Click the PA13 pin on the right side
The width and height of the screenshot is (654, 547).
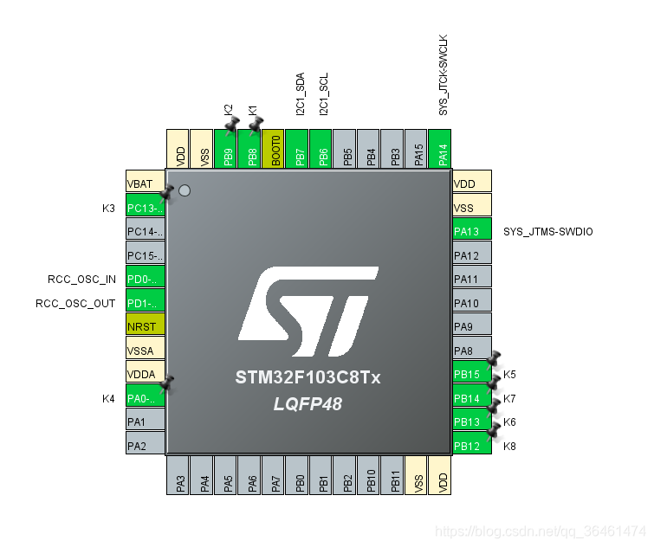tap(472, 231)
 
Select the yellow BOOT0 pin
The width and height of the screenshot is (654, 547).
tap(274, 149)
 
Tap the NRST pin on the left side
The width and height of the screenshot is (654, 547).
tap(145, 328)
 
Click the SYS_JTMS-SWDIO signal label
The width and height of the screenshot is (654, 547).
tap(548, 232)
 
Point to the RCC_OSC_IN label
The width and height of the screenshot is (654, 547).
tap(81, 280)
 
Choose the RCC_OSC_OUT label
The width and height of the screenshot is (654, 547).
tap(75, 304)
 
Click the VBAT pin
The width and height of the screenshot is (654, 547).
tap(145, 183)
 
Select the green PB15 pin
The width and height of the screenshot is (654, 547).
tap(472, 375)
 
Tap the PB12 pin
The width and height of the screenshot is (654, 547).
tap(472, 446)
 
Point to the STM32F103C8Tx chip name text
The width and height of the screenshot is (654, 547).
tap(308, 379)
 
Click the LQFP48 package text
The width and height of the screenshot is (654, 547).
tap(308, 403)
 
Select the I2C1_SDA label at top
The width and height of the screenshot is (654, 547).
tap(300, 94)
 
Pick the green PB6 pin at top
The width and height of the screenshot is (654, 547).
tap(321, 149)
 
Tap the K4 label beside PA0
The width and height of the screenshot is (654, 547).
tap(108, 399)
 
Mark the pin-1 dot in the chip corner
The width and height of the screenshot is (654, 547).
tap(184, 190)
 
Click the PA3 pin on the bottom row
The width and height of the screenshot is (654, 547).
tap(178, 475)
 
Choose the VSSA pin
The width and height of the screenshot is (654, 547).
tap(145, 351)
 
